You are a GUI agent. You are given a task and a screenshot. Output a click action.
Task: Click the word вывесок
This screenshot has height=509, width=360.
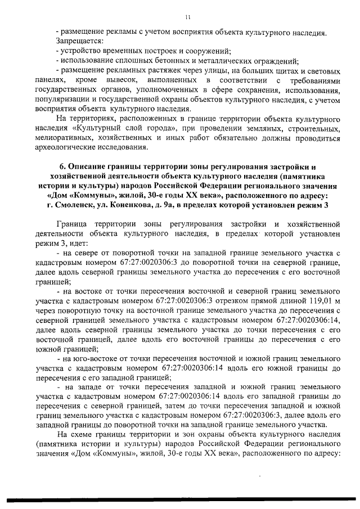click(x=121, y=82)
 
